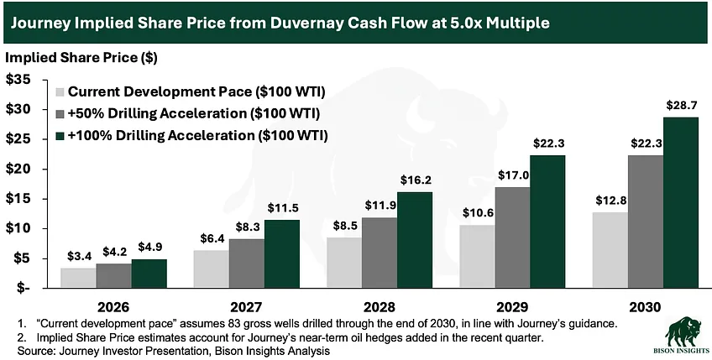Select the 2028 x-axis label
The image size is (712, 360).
pos(380,307)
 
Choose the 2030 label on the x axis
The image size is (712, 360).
pos(647,307)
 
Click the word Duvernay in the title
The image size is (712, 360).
pos(327,22)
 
